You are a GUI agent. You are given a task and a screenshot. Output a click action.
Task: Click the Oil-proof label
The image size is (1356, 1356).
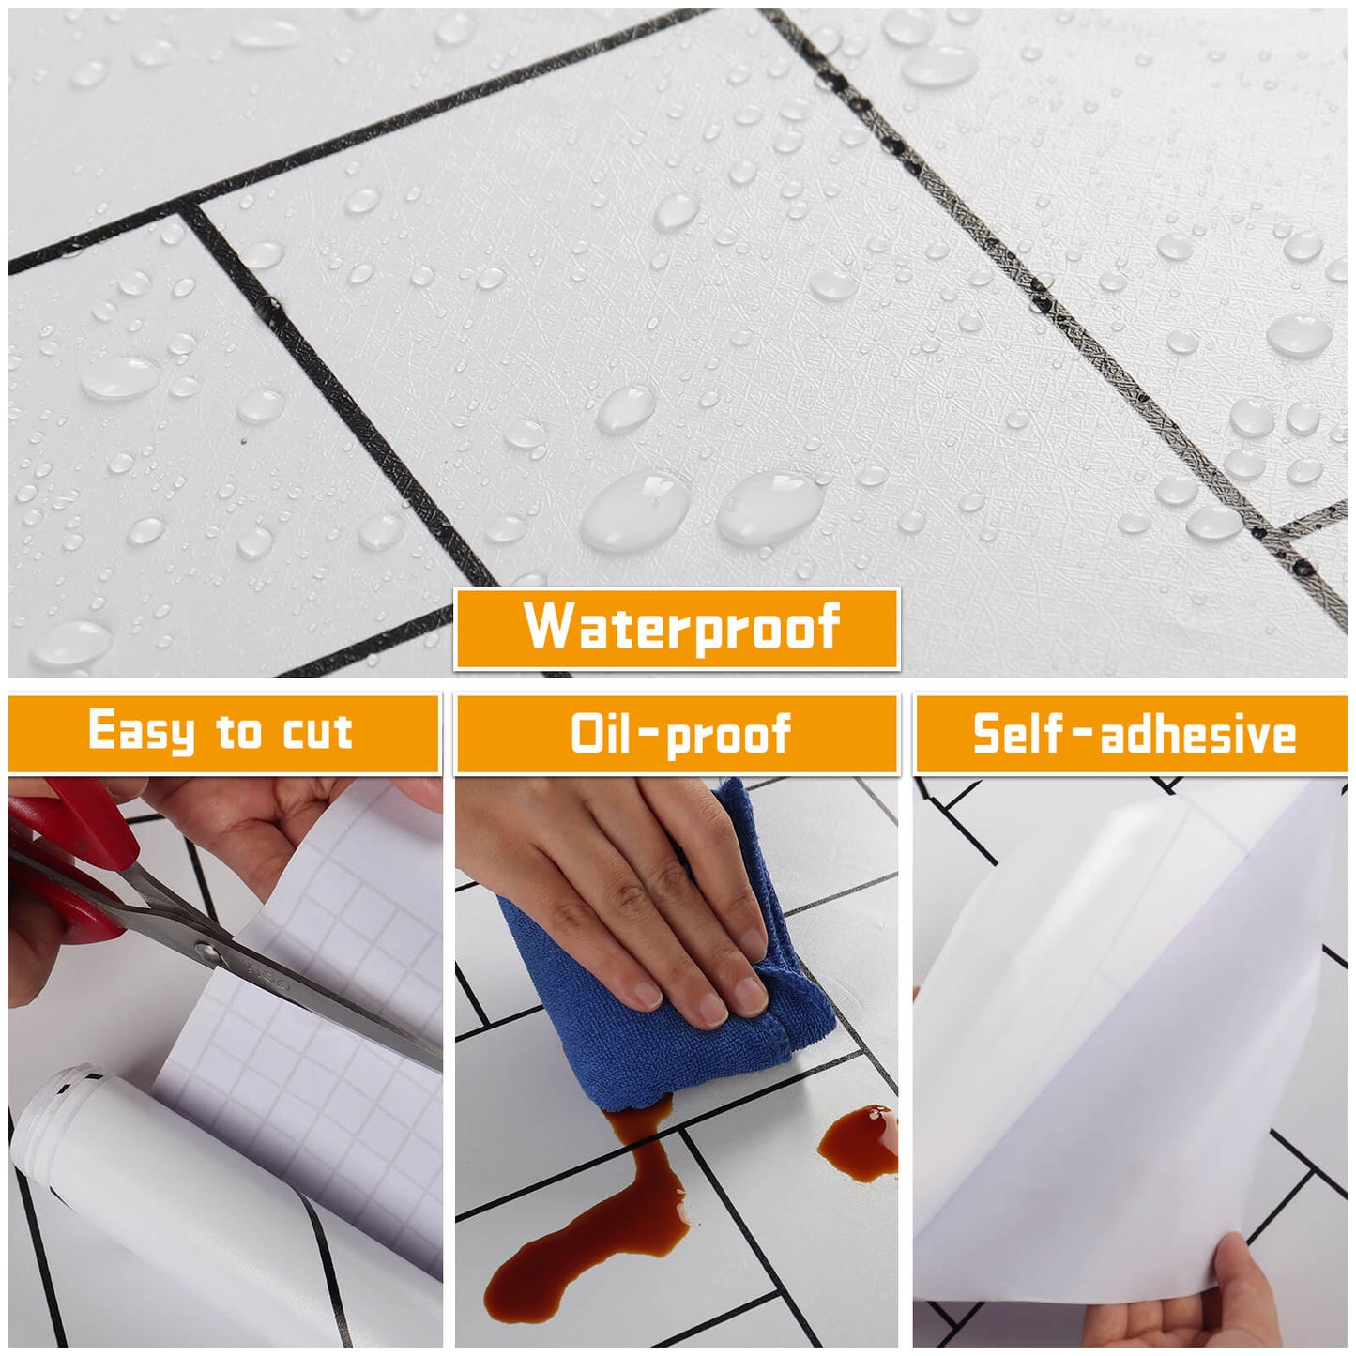click(x=680, y=734)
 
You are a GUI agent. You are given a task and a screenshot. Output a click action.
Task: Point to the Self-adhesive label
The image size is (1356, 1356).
click(x=1134, y=733)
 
